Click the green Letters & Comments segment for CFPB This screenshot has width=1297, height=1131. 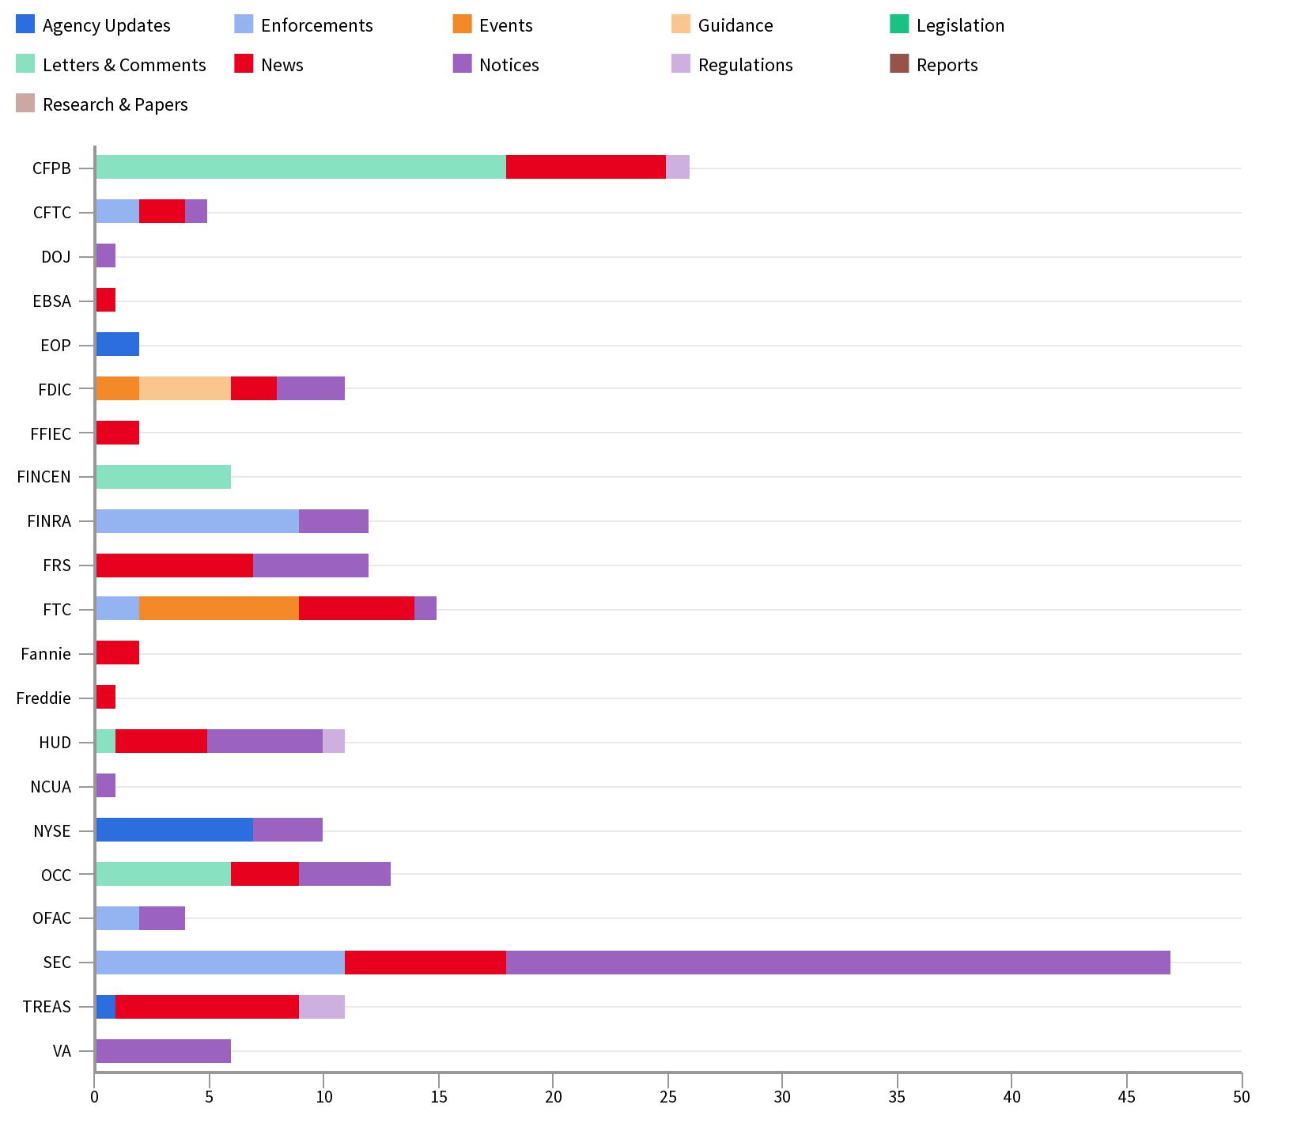click(x=301, y=167)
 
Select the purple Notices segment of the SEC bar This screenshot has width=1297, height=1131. click(x=838, y=963)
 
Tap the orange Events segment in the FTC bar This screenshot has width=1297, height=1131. click(x=219, y=608)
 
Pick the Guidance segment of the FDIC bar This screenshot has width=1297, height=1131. click(x=185, y=388)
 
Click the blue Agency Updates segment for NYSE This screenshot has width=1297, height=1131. click(x=174, y=830)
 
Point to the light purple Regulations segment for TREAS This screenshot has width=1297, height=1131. click(x=322, y=1007)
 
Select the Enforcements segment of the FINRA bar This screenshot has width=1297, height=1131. click(x=197, y=521)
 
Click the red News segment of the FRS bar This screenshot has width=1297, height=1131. click(x=174, y=565)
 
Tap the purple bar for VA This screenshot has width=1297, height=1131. click(x=163, y=1051)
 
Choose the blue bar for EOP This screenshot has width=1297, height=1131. click(x=117, y=345)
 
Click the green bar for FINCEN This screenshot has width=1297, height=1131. click(x=163, y=477)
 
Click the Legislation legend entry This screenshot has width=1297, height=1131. click(x=959, y=25)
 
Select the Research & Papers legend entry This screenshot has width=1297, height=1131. click(x=115, y=104)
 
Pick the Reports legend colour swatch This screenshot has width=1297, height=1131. click(x=899, y=64)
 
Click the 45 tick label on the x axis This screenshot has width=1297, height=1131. click(x=1126, y=1096)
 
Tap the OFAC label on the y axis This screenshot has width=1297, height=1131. click(x=51, y=918)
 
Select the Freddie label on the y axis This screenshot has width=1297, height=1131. click(x=43, y=698)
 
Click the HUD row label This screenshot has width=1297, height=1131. click(x=55, y=743)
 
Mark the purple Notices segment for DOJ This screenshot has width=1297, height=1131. click(x=106, y=255)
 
